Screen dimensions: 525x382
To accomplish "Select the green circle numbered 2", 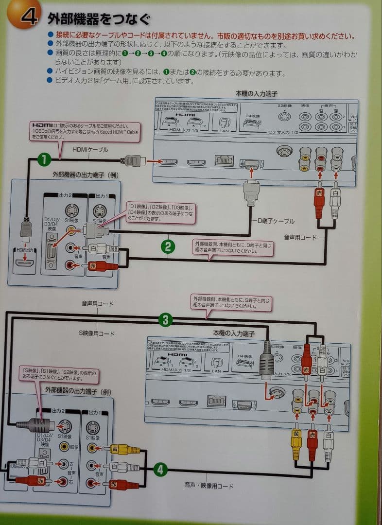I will point(168,246).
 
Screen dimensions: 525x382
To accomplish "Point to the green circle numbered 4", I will point(161,469).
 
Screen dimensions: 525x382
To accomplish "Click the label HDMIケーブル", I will point(90,150).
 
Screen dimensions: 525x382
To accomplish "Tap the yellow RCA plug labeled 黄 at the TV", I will point(296,440).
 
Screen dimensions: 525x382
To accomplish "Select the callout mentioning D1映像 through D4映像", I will point(161,212).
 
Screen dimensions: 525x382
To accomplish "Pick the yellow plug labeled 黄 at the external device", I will point(118,449).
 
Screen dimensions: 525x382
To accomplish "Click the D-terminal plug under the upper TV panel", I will point(251,192).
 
